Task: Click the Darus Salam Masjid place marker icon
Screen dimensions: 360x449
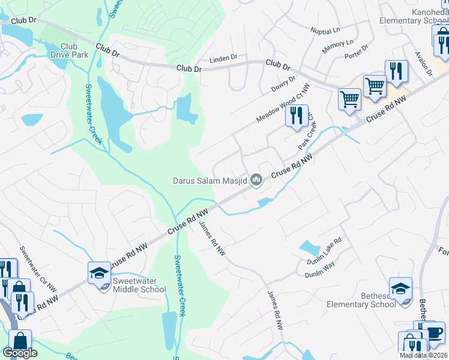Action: (257, 179)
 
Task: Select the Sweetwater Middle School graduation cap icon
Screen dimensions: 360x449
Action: (99, 273)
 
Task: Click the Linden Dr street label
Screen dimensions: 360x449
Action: (223, 58)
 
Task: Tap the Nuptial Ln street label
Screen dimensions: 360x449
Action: (325, 29)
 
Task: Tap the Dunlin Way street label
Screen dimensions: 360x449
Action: (319, 268)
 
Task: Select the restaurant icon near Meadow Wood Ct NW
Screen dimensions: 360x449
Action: (296, 115)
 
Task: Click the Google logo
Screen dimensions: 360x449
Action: (20, 353)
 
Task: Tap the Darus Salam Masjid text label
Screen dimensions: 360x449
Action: (209, 179)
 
